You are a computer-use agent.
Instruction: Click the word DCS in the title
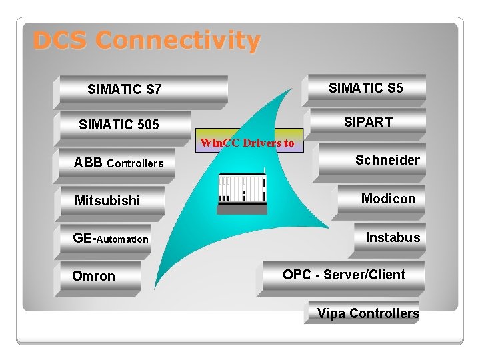pos(60,41)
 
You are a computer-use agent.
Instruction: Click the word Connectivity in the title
pos(177,41)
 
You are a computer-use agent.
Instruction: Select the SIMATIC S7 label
pos(124,89)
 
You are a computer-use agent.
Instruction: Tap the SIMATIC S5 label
pos(366,88)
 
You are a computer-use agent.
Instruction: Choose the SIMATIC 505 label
pos(119,125)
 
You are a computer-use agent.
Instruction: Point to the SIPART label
pos(368,122)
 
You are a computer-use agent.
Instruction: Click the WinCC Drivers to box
pos(247,143)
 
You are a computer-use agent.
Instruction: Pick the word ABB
pos(88,163)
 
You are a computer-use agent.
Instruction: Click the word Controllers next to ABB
pos(135,164)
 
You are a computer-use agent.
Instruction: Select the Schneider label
pos(387,160)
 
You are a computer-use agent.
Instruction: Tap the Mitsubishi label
pos(107,201)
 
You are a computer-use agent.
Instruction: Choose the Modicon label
pos(388,199)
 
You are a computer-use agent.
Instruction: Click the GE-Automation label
pos(111,239)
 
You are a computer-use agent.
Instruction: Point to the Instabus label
pos(393,237)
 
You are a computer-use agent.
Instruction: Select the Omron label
pos(93,276)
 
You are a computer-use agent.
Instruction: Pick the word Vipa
pos(331,313)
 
